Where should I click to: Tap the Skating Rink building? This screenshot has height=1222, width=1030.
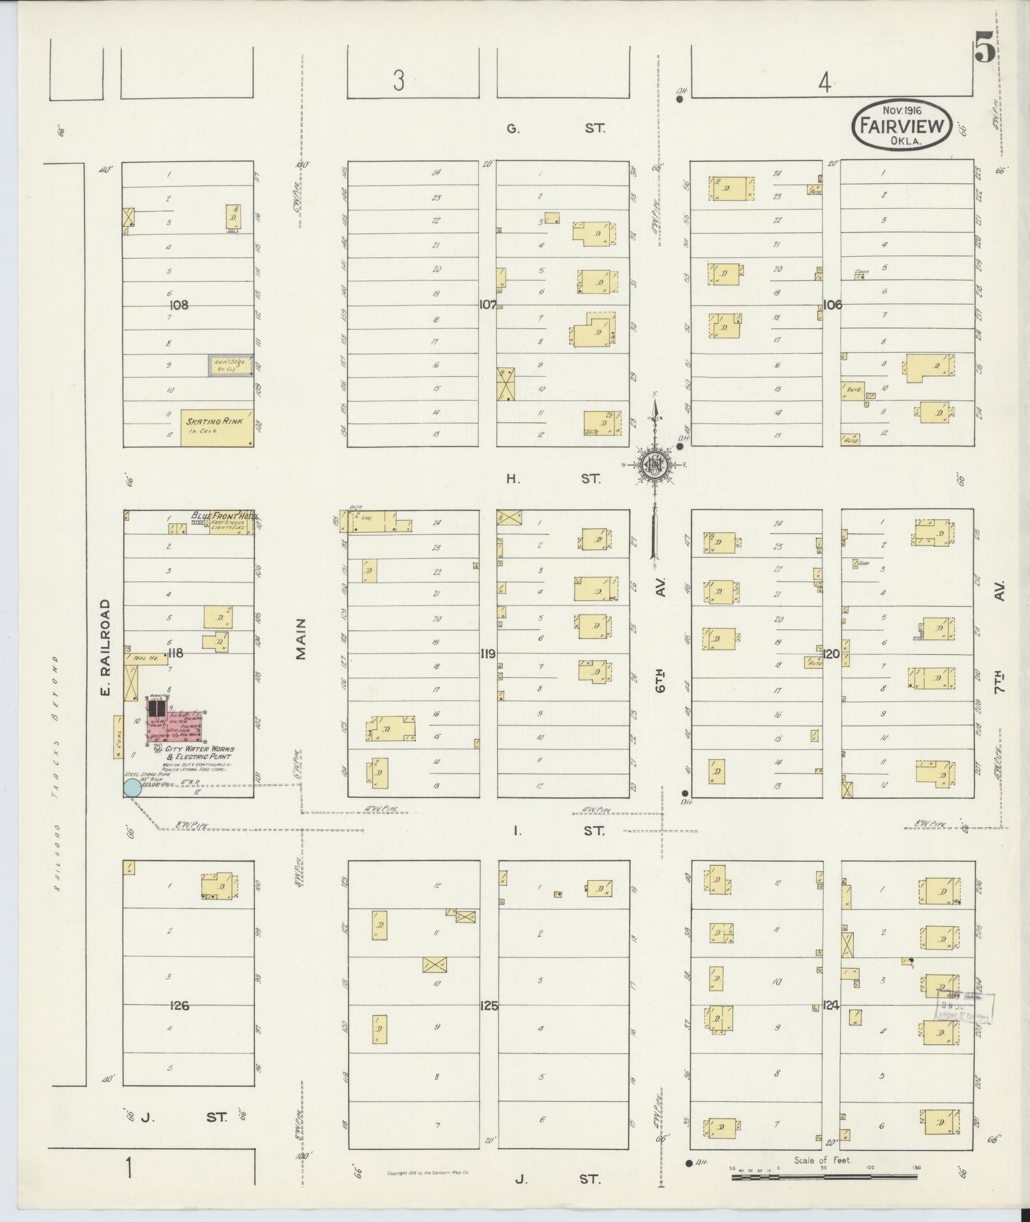pyautogui.click(x=216, y=427)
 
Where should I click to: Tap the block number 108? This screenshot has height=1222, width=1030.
pyautogui.click(x=179, y=305)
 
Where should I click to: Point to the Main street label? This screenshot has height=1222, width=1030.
pyautogui.click(x=301, y=639)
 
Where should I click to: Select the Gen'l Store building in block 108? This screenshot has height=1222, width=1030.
pyautogui.click(x=231, y=366)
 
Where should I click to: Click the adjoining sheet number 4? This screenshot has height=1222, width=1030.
pyautogui.click(x=825, y=82)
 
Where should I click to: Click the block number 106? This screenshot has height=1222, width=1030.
pyautogui.click(x=832, y=305)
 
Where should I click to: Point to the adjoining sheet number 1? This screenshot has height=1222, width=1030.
pyautogui.click(x=130, y=1169)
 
